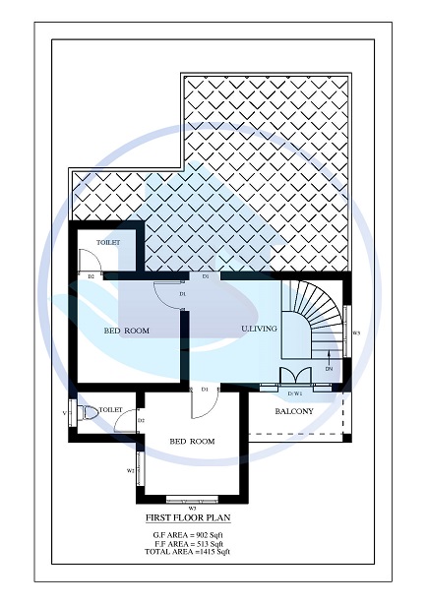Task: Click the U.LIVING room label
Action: (260, 328)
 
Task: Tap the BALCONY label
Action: (294, 411)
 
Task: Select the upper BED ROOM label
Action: (127, 331)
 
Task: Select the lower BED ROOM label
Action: (192, 442)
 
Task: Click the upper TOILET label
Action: (108, 241)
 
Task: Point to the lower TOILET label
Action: (110, 408)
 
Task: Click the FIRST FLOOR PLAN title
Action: (187, 515)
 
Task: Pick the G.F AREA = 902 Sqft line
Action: (187, 533)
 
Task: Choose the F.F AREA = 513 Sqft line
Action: (187, 542)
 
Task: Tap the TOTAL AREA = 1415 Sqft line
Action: (187, 551)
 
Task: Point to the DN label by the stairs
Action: (330, 368)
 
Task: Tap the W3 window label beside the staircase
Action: (356, 333)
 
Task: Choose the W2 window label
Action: (130, 470)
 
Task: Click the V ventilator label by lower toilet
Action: (64, 413)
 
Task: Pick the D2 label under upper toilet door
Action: (91, 277)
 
